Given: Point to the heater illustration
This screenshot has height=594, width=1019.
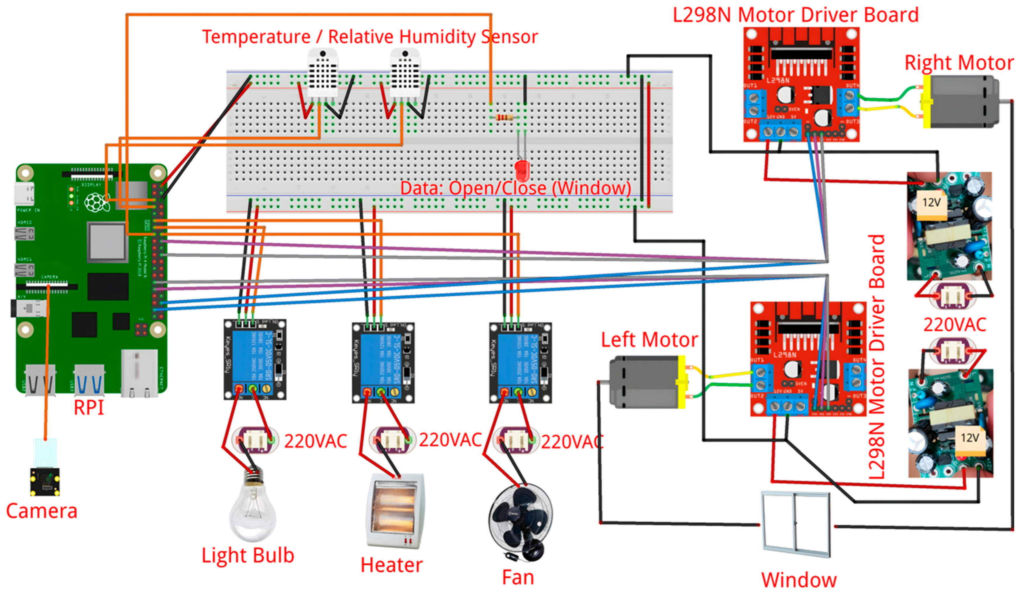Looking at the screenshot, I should pyautogui.click(x=395, y=512).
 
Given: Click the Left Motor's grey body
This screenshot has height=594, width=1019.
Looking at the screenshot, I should pyautogui.click(x=643, y=382).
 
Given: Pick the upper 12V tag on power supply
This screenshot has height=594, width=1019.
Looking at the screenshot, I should pyautogui.click(x=931, y=202).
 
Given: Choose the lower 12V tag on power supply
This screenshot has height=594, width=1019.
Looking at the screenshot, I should pyautogui.click(x=970, y=438).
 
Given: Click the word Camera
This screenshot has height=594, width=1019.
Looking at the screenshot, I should pyautogui.click(x=42, y=511).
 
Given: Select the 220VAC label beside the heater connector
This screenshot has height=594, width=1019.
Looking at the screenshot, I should pyautogui.click(x=450, y=440).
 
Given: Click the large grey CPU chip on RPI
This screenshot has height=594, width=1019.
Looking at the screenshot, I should pyautogui.click(x=106, y=242).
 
